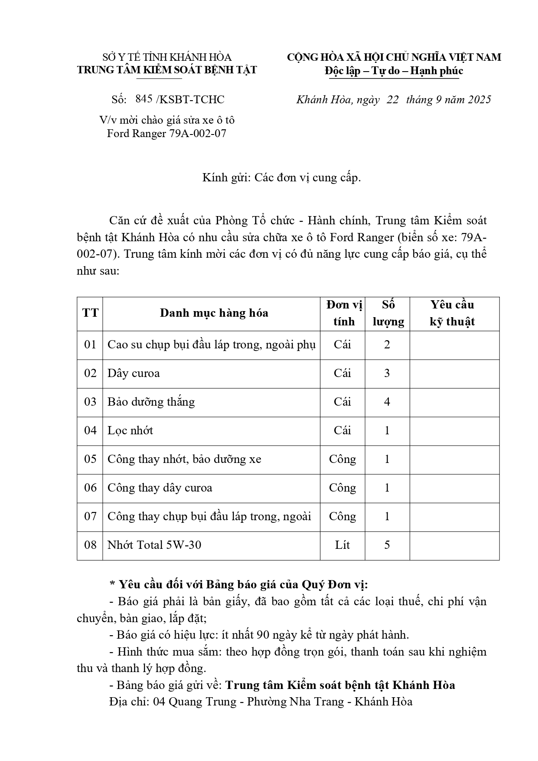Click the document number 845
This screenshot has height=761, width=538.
(144, 99)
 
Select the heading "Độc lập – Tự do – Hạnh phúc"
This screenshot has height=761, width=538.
(394, 71)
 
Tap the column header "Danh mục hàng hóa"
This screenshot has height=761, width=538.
(214, 313)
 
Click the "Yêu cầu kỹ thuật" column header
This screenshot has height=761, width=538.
(452, 313)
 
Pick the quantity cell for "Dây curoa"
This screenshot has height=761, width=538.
(387, 374)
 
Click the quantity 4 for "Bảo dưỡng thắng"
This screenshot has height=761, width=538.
(387, 402)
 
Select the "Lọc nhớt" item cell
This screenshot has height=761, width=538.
(130, 431)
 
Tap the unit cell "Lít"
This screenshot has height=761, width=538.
(342, 545)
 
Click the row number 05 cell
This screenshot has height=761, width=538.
(90, 459)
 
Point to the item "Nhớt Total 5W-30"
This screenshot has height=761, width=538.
(154, 545)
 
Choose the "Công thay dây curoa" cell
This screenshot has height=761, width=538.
(160, 488)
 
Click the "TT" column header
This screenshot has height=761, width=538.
(90, 313)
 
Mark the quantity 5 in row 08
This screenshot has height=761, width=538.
(387, 545)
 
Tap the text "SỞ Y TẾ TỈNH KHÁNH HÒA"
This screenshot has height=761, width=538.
(167, 57)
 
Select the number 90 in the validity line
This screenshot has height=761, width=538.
(263, 635)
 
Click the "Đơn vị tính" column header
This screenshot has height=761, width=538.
(344, 313)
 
